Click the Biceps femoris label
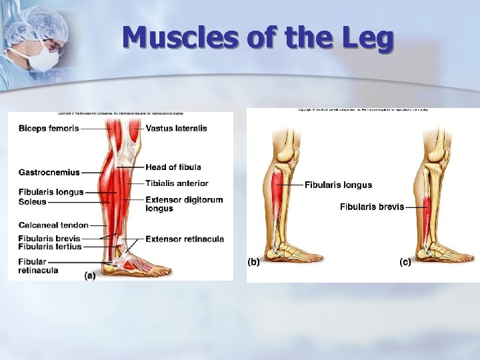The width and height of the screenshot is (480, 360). coord(49,128)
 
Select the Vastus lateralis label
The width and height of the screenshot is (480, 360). coord(176,128)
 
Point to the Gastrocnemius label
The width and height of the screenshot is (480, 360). coord(49,172)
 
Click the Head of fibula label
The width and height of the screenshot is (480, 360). coord(173,167)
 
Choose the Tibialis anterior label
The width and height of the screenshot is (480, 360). coord(177,183)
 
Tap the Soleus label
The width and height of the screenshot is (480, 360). coord(32,201)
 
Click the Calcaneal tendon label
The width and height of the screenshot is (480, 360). coord(53,225)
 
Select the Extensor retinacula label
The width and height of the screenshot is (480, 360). coord(185,239)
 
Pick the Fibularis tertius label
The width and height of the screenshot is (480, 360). coord(50,247)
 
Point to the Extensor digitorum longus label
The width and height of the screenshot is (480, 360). coord(183,204)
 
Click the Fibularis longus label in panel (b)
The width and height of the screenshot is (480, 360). coord(338,185)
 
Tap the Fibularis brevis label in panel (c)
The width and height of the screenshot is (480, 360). coord(372,207)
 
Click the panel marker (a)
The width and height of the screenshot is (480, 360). coord(89,275)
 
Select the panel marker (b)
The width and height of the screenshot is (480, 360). coord(253,262)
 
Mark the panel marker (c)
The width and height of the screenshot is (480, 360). coord(405,262)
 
